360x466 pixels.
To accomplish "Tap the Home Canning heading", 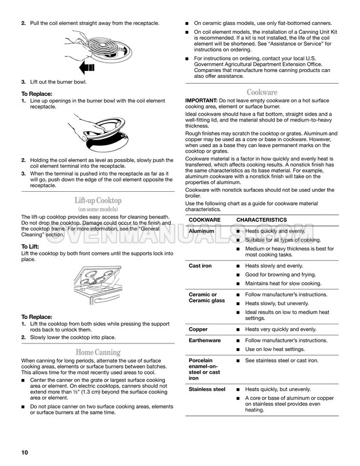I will click(98, 352).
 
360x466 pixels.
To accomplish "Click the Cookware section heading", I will click(262, 92).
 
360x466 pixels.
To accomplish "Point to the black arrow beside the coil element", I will click(87, 68).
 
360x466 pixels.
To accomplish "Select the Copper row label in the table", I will click(198, 329).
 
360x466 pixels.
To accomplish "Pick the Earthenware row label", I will click(204, 340).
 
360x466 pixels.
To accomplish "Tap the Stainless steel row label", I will click(207, 389).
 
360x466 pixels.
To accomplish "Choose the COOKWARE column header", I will click(205, 220).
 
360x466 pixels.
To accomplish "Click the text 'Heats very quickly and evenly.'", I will click(280, 329).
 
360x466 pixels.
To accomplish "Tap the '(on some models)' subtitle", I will click(98, 209).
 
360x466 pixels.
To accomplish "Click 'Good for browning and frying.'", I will click(280, 274).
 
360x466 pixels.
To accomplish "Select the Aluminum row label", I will click(201, 231).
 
